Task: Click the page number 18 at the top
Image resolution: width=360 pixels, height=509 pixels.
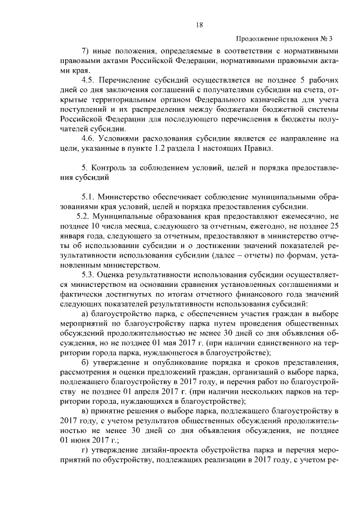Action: [199, 25]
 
